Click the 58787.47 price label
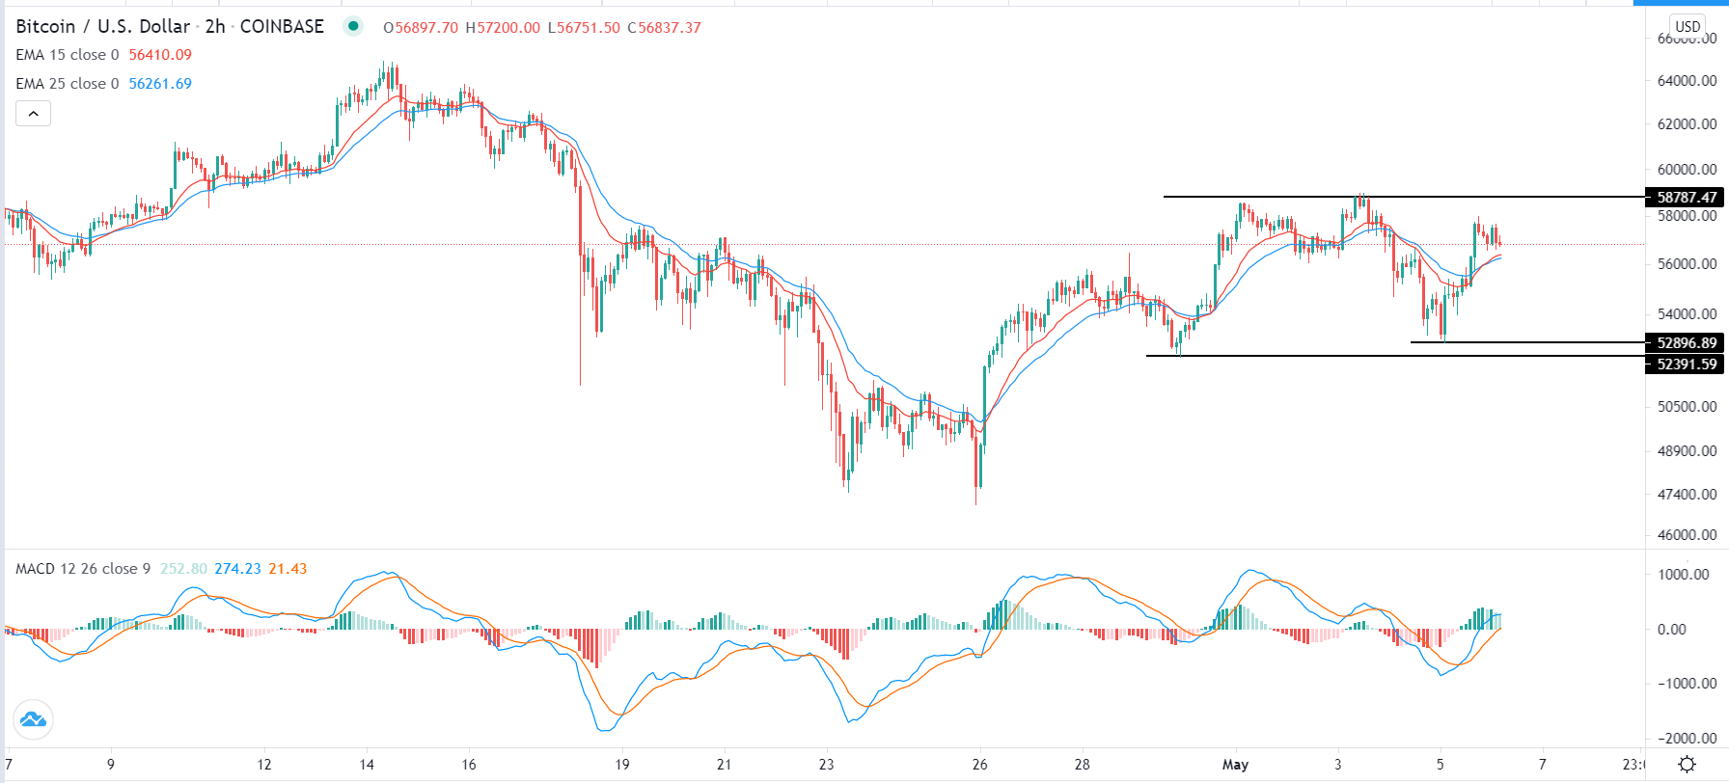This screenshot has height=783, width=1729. [x=1686, y=198]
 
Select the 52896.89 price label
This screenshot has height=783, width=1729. [x=1686, y=343]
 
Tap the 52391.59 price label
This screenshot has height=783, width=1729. [x=1686, y=364]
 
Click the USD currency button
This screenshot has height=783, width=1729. [x=1688, y=26]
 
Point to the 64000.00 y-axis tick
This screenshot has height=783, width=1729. [x=1687, y=81]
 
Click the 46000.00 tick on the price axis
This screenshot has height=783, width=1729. [x=1687, y=534]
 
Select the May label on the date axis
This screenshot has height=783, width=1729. [x=1235, y=765]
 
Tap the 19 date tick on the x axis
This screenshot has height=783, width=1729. [x=622, y=765]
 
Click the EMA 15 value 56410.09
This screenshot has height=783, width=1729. [x=160, y=55]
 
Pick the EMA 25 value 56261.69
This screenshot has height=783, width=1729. [x=160, y=84]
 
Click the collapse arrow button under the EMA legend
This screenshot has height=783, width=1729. [x=33, y=114]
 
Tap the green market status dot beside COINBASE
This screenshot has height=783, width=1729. [x=353, y=26]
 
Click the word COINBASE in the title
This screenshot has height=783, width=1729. [x=282, y=26]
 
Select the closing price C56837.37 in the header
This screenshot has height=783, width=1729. [x=664, y=28]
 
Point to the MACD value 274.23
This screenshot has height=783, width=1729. [x=237, y=569]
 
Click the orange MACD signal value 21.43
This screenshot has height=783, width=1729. [x=288, y=569]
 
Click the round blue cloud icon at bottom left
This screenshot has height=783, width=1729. [x=33, y=719]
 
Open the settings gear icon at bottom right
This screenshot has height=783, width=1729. [x=1687, y=765]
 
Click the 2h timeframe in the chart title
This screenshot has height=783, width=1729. [x=215, y=26]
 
